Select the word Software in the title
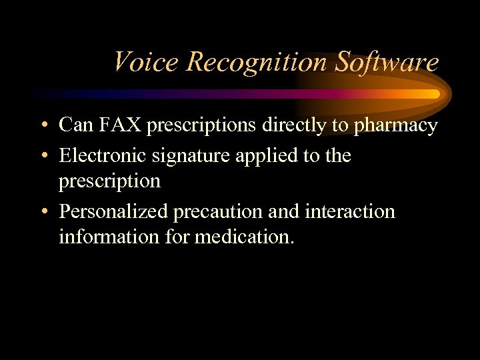(387, 62)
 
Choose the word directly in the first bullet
(307, 125)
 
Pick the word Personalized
(114, 212)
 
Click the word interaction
(349, 212)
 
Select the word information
(99, 237)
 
